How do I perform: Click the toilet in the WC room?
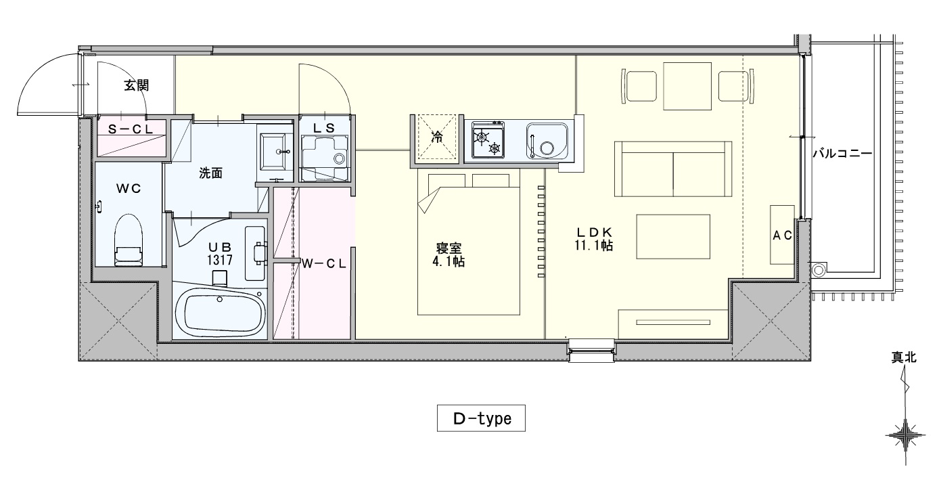coord(129,240)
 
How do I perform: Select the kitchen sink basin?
coord(547,141)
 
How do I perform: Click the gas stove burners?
coord(488,140)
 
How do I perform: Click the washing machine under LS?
coord(325,158)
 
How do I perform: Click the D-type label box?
coord(481,418)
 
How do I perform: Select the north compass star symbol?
coord(905,435)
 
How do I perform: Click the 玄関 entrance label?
coord(137,85)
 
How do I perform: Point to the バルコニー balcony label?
coord(842,154)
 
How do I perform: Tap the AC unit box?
coord(782,235)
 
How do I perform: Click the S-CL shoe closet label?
coord(131,130)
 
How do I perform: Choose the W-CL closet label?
coord(324,264)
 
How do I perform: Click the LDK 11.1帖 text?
coord(593,239)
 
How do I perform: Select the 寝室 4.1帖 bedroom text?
coord(448,255)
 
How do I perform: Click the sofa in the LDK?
coord(672,169)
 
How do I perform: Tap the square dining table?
coord(687,86)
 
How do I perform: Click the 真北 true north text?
coord(904,357)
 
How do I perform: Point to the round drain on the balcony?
coord(819,270)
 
